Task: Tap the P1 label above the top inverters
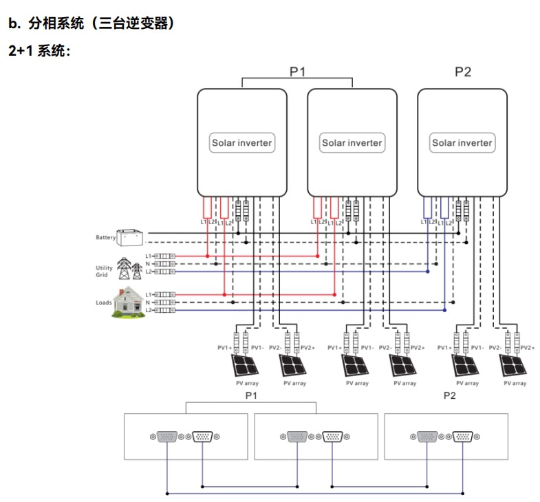[x=296, y=71]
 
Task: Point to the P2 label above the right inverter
[x=463, y=71]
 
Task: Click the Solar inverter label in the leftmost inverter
[x=241, y=143]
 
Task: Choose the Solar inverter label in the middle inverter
[x=352, y=143]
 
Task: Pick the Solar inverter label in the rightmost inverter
[x=462, y=143]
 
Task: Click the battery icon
[x=130, y=237]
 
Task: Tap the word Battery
[x=105, y=238]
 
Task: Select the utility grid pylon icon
[x=125, y=269]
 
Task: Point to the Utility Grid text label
[x=102, y=272]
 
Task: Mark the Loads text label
[x=104, y=303]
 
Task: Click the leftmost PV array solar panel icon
[x=244, y=365]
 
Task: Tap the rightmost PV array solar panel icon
[x=515, y=365]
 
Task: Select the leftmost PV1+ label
[x=225, y=348]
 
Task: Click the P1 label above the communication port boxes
[x=251, y=396]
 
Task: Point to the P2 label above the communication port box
[x=449, y=396]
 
